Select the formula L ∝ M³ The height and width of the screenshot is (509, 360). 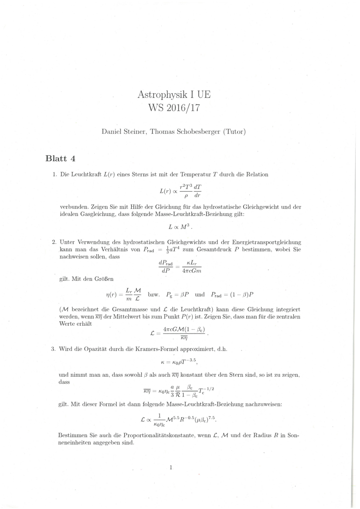coord(180,227)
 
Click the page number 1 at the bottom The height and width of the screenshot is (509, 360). coord(171,468)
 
